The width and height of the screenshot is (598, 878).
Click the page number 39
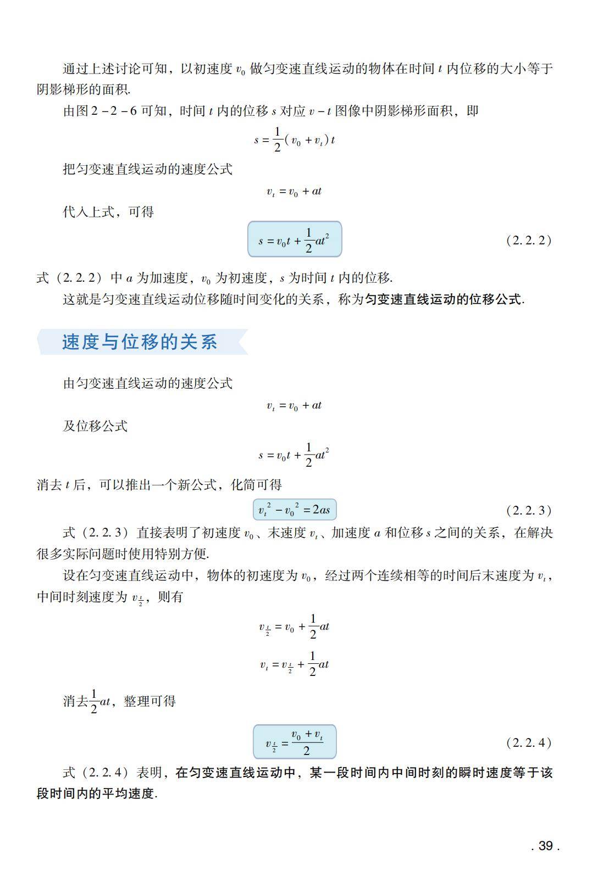pos(545,846)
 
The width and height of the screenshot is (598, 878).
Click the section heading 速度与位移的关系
pos(140,342)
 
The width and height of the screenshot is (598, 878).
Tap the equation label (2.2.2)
pos(528,240)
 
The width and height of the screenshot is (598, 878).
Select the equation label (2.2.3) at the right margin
pos(528,510)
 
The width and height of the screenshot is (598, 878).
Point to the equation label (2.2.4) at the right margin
pos(528,742)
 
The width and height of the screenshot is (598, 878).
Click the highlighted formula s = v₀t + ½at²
pos(294,239)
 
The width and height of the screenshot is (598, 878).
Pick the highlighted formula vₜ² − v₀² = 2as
pos(294,510)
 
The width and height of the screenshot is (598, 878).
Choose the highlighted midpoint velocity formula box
pos(294,742)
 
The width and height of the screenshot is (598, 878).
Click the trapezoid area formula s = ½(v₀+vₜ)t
pos(294,139)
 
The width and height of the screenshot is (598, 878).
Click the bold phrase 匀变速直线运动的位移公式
pos(444,299)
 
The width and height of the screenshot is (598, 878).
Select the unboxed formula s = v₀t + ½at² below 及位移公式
pos(294,455)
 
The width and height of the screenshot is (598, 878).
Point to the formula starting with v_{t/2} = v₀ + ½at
pos(294,627)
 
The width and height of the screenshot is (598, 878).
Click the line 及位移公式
pos(95,426)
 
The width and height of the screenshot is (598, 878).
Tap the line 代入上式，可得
pos(108,212)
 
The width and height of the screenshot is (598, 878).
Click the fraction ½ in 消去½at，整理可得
pos(93,701)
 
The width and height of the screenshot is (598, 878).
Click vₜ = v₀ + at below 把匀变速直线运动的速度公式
pos(294,192)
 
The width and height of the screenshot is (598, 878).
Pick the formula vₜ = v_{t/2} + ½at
pos(294,664)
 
